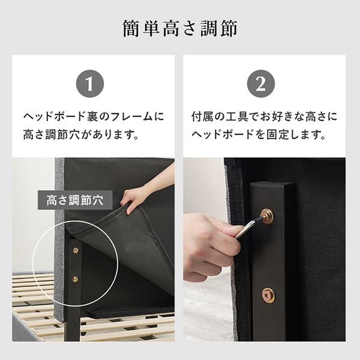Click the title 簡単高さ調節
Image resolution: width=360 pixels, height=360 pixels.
tap(180, 28)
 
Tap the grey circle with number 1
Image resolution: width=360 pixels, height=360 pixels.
tap(90, 83)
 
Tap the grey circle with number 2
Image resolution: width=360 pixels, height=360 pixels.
tap(261, 83)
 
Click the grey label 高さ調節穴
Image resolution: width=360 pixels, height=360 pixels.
tap(75, 200)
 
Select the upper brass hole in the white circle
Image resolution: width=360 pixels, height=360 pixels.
tap(76, 250)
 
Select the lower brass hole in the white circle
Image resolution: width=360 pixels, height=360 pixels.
tap(75, 279)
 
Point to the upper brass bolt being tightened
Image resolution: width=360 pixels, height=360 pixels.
tap(267, 215)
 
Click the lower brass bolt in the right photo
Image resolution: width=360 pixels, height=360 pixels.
tap(268, 295)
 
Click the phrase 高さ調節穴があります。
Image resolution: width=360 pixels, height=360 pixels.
tap(81, 134)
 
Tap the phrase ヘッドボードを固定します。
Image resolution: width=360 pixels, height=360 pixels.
tap(259, 134)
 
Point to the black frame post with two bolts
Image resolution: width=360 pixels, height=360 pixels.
tap(273, 262)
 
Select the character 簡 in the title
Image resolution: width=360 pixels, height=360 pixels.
tap(131, 28)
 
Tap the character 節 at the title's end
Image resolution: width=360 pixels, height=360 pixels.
tap(229, 28)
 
